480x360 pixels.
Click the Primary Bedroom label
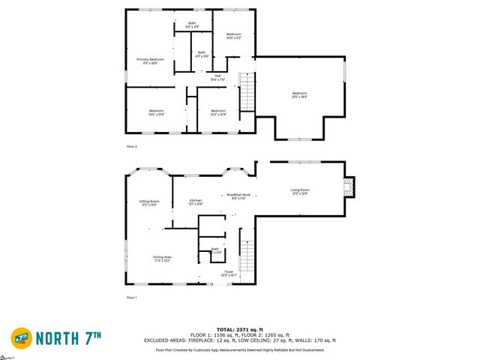point(150,61)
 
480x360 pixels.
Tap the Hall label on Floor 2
point(217,76)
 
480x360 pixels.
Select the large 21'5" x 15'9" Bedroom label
point(299,94)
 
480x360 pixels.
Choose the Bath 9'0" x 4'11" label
point(191,25)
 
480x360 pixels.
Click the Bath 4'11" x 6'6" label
point(201,54)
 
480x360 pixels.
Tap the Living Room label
point(300,191)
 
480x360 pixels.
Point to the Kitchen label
point(195,202)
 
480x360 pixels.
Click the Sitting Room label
point(149,203)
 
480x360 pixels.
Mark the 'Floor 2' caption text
point(132,146)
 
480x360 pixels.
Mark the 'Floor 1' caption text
point(132,298)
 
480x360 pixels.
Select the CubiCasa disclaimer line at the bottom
point(240,349)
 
